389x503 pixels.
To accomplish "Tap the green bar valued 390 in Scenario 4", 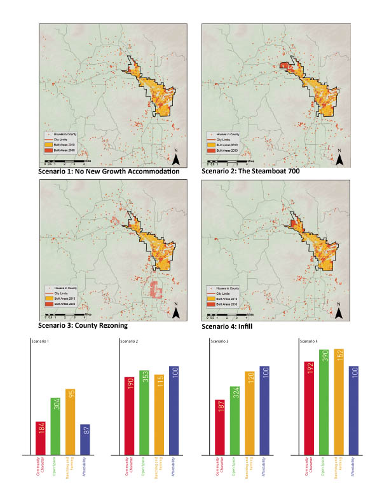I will [324, 402].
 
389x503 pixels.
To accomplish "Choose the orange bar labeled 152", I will [339, 402].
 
